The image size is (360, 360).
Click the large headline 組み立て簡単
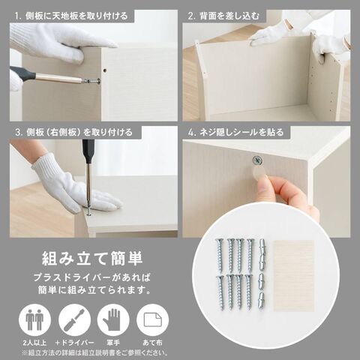click(92, 259)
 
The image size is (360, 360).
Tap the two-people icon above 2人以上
click(34, 319)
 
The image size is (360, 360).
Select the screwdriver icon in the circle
click(74, 319)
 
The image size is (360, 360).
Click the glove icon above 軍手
click(113, 320)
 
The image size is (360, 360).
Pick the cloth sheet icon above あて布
click(153, 320)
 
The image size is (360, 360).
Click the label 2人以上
click(34, 343)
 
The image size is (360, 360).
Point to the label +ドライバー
click(74, 343)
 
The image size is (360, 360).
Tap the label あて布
click(153, 343)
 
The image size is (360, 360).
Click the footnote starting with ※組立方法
click(94, 352)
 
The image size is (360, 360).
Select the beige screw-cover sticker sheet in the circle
click(294, 276)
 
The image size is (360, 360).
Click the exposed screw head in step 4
click(256, 160)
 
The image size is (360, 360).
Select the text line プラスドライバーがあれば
click(92, 277)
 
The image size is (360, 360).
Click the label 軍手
click(113, 343)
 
